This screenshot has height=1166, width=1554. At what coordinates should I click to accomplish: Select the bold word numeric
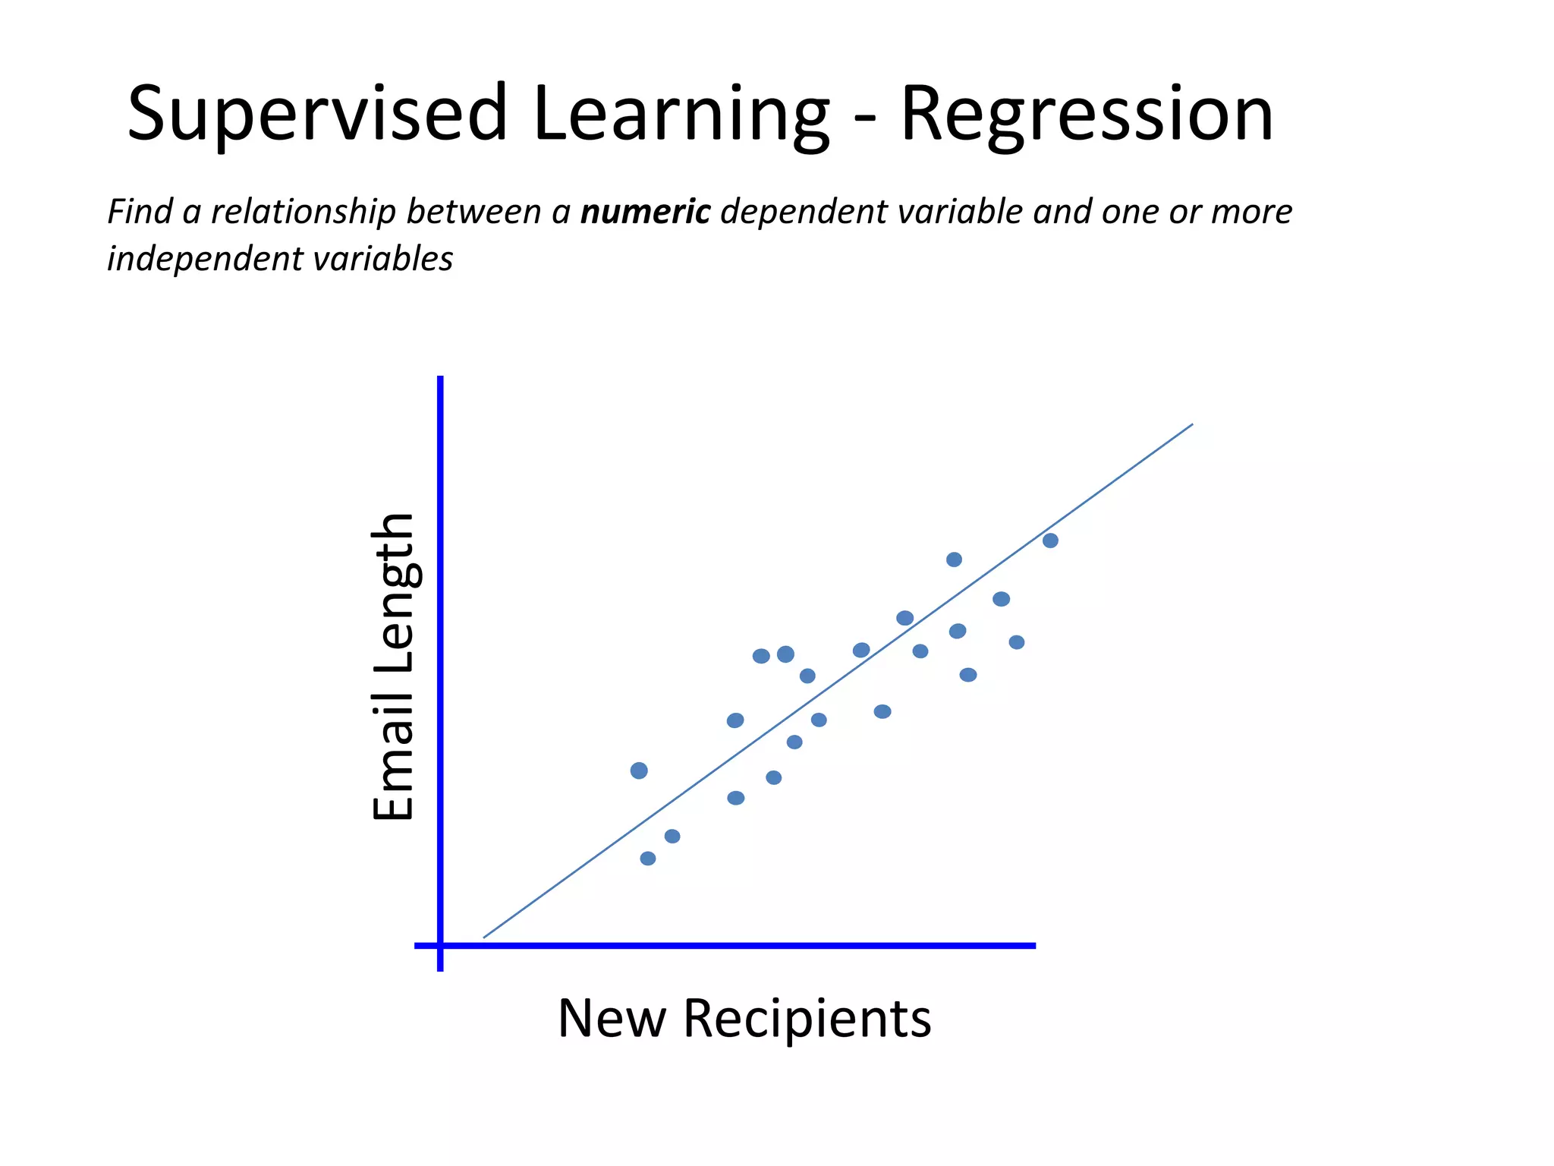point(645,212)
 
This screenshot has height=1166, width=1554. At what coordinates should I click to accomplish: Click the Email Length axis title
point(393,667)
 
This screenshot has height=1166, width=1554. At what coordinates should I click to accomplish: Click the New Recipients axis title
point(744,1018)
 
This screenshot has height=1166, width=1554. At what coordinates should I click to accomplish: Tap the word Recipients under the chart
point(807,1018)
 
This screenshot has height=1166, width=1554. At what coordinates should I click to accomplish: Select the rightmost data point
point(1050,540)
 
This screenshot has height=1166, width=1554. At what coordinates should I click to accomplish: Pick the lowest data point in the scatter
point(647,859)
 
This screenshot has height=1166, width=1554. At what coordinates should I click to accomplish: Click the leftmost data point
point(639,771)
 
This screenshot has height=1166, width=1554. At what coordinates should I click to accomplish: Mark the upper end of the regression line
point(1192,424)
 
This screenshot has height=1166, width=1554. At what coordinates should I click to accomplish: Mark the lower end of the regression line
point(484,938)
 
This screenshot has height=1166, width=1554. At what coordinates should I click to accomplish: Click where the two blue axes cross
point(440,946)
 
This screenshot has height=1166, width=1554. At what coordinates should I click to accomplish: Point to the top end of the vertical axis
point(440,377)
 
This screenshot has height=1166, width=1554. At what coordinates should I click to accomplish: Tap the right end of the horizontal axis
point(1034,946)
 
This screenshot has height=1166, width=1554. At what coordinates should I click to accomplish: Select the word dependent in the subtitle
point(804,212)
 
